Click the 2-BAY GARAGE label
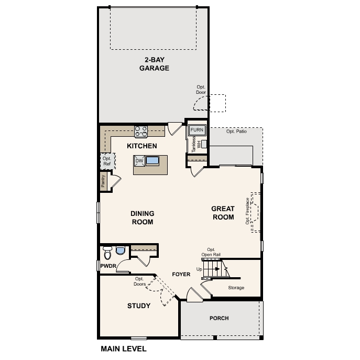coord(154,63)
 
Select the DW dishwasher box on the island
coord(139,161)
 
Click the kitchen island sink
coord(152,161)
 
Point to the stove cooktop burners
coord(141,130)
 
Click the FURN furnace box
coord(197,130)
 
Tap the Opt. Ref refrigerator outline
coord(107,161)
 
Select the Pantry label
coord(103,181)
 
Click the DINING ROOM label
coord(142,217)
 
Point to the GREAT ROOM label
coord(223,213)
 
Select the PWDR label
coord(108,266)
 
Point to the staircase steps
coord(215,270)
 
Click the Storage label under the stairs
coord(236,288)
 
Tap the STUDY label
coord(139,306)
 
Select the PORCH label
coord(219,318)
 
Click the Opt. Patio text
coord(236,131)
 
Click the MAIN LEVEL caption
coord(123,348)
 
